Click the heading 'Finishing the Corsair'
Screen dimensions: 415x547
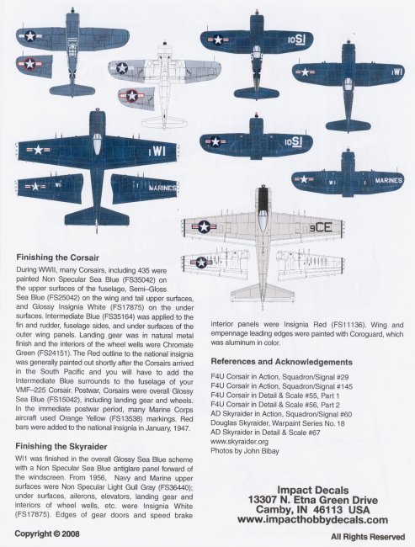click(57, 258)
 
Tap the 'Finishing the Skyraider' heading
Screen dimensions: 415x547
click(61, 447)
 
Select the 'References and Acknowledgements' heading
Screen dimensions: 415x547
click(281, 362)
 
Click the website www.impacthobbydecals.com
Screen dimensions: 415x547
click(312, 520)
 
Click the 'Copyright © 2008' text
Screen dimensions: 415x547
click(47, 534)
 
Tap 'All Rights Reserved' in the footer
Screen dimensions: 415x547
click(368, 537)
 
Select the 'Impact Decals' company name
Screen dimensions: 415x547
click(313, 490)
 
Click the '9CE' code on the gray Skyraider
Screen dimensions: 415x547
click(321, 228)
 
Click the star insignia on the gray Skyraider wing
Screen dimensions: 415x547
click(205, 226)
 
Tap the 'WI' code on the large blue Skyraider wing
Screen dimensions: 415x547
click(159, 151)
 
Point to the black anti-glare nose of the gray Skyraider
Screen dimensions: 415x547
click(262, 200)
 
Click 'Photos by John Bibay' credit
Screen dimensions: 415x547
click(245, 451)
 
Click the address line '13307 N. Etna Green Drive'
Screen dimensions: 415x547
click(313, 500)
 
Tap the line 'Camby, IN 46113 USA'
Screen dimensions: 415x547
click(313, 510)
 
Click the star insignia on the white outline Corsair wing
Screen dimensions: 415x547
click(122, 67)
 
